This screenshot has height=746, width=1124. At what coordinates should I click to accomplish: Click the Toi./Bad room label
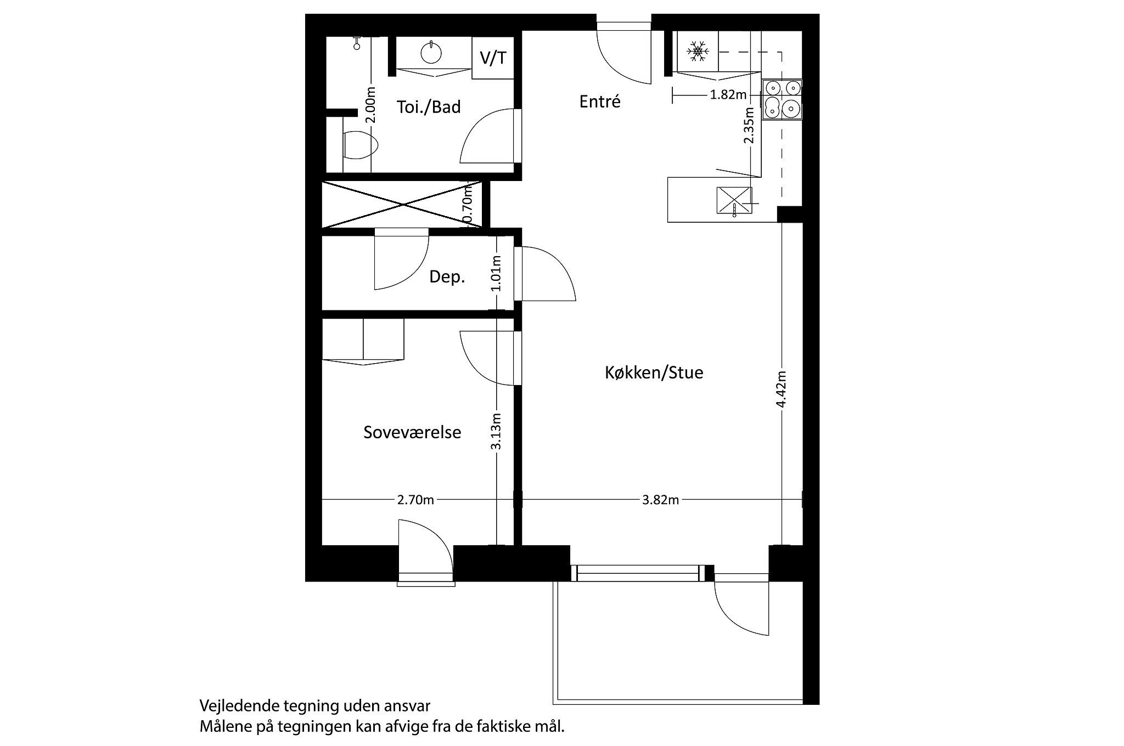(x=429, y=107)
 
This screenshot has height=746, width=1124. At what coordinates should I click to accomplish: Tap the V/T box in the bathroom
(x=493, y=58)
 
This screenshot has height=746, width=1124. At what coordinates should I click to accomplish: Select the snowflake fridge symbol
(x=698, y=51)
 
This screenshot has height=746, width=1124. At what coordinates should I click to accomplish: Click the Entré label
(x=600, y=102)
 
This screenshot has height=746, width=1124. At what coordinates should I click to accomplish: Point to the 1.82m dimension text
(x=728, y=95)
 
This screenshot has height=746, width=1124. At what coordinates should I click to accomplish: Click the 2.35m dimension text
(x=749, y=125)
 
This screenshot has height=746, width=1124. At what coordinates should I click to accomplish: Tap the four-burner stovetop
(x=782, y=99)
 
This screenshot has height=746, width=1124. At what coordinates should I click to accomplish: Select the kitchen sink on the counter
(x=734, y=200)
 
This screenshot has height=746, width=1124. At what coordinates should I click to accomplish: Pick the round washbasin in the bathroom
(x=431, y=53)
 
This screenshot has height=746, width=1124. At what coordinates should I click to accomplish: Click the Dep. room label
(x=447, y=277)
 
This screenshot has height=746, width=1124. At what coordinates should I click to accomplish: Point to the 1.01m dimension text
(x=496, y=273)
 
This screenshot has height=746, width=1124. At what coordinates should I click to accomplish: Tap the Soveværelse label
(x=412, y=432)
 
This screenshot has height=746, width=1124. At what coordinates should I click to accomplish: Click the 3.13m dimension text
(x=496, y=431)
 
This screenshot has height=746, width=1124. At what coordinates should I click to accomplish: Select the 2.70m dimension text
(x=415, y=500)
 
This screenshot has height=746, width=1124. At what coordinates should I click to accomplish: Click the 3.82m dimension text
(x=660, y=500)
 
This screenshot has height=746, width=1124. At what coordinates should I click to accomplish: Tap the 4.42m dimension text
(x=782, y=389)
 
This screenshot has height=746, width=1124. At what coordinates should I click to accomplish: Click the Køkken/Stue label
(x=654, y=373)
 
